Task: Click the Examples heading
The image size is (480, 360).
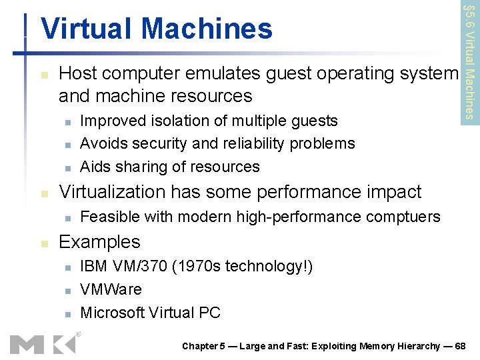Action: click(99, 241)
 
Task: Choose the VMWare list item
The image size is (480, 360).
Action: click(111, 289)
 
